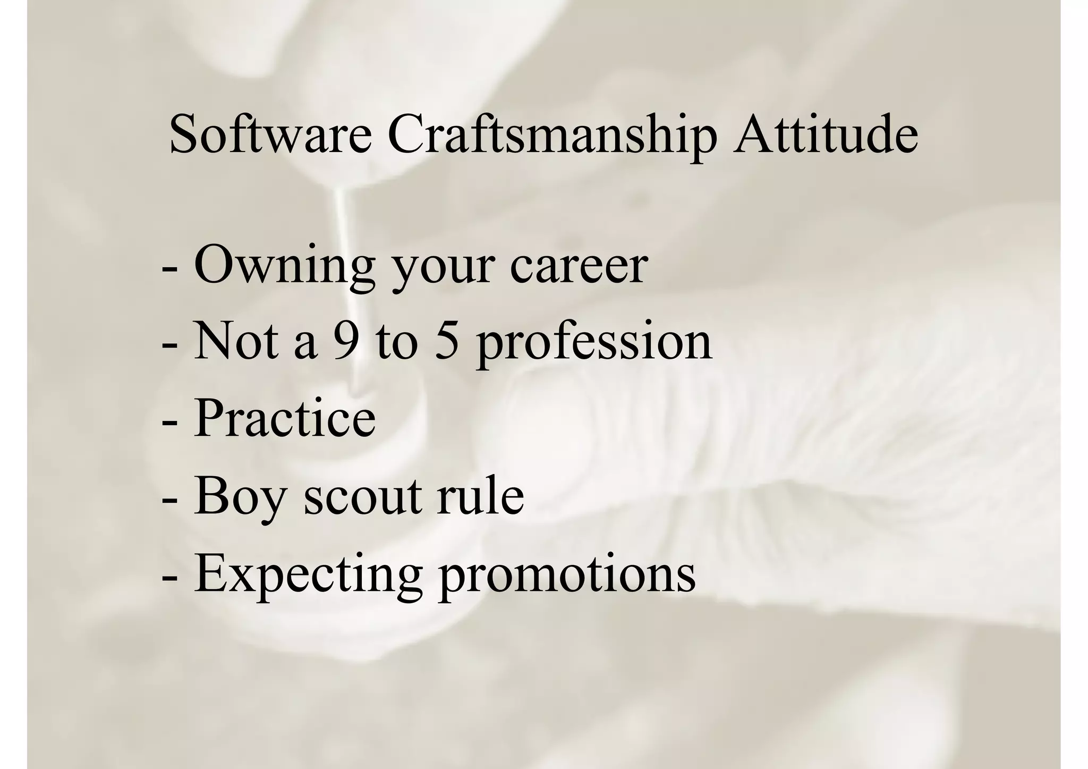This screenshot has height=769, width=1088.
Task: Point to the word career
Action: coord(579,266)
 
